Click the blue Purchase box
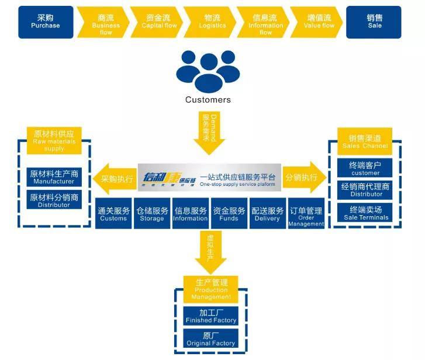46,22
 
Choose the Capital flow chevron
159,22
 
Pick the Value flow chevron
319,22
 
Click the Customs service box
113,214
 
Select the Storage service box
152,214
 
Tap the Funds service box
229,214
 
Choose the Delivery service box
267,214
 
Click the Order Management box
306,214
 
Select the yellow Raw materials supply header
54,141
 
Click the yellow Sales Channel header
365,141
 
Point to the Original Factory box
211,338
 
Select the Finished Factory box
211,316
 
